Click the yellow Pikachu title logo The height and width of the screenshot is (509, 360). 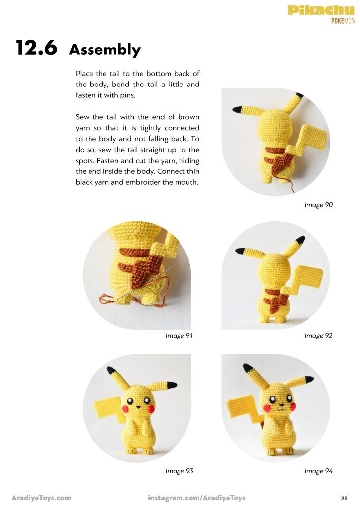321,10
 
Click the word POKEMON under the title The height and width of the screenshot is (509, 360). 343,21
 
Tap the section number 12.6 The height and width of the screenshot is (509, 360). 36,48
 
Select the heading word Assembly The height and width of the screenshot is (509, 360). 105,50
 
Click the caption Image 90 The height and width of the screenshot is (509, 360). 318,205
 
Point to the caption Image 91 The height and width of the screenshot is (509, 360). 179,336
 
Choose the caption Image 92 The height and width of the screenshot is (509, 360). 318,336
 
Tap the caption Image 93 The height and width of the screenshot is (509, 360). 179,471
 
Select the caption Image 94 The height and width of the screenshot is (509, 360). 318,471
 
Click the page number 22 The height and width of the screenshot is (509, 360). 345,498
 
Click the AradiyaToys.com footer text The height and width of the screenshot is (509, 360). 41,498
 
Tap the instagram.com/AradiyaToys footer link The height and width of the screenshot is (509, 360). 196,498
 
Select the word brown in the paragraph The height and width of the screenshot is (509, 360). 188,117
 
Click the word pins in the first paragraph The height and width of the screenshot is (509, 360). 127,95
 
